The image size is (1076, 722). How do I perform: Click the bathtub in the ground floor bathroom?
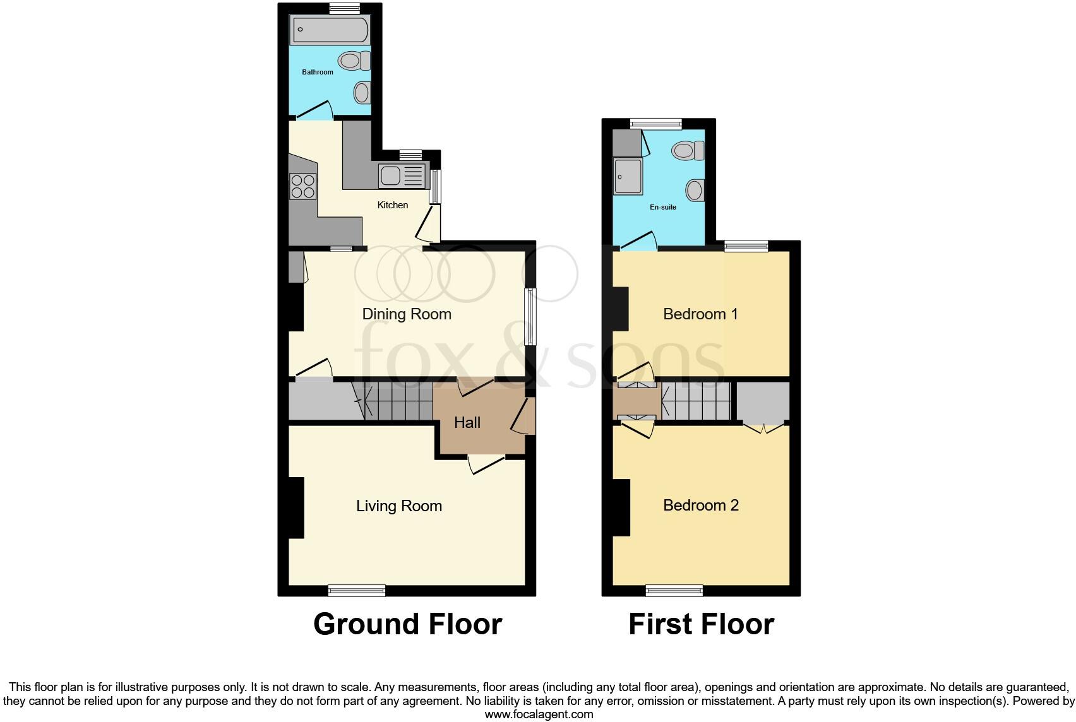(x=330, y=30)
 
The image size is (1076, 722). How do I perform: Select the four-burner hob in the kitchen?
(x=302, y=186)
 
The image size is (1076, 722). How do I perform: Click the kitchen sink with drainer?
(x=402, y=175)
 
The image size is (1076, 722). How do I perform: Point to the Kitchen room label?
(x=392, y=205)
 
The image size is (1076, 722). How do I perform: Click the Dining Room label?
(x=407, y=314)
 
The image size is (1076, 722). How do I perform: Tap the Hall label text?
(x=467, y=423)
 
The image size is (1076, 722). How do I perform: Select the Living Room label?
(x=398, y=506)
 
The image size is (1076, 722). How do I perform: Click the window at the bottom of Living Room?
(x=357, y=591)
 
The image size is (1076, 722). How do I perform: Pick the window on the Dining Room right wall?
(x=531, y=317)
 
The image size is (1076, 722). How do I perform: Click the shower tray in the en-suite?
(x=628, y=177)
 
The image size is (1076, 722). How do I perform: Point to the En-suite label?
(x=663, y=207)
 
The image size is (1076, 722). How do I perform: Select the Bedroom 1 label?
(x=700, y=314)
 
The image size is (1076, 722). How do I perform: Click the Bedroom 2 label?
(x=700, y=506)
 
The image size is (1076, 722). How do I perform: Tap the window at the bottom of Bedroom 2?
(x=674, y=591)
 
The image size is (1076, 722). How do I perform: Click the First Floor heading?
(x=701, y=624)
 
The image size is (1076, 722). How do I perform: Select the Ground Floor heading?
(x=407, y=624)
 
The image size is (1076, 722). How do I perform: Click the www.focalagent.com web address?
(x=539, y=714)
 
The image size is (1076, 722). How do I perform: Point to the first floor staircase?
(x=696, y=401)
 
